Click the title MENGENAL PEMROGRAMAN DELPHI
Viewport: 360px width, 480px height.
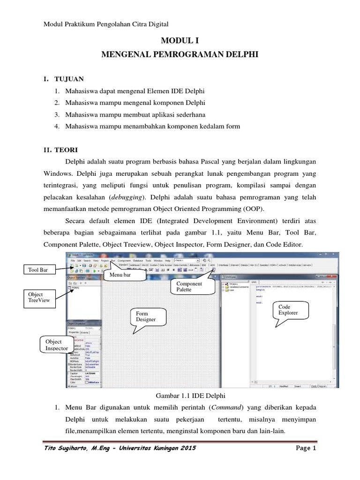pos(180,55)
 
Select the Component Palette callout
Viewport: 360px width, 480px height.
pos(189,287)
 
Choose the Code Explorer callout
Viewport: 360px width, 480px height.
pos(287,309)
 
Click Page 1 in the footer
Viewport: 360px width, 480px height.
pos(307,449)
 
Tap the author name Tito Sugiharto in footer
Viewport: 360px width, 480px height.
pos(66,449)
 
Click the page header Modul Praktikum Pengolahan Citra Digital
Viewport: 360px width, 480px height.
pos(105,23)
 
